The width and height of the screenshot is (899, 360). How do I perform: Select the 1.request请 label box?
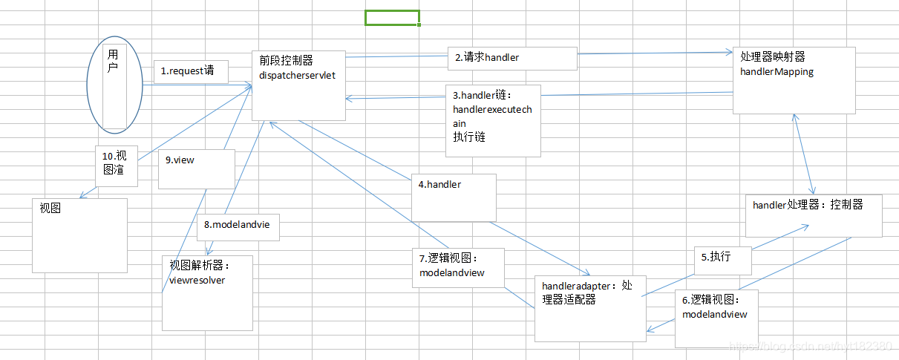coord(191,72)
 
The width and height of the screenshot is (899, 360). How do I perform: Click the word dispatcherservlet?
coord(297,75)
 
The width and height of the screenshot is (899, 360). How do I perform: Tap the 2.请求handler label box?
coord(512,58)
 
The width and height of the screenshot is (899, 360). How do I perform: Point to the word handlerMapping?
coord(777,72)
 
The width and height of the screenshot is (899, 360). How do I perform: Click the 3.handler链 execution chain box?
coord(493,120)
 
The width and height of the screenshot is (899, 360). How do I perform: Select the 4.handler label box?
coord(454,197)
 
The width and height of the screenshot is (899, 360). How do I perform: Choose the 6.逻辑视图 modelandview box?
coord(716,318)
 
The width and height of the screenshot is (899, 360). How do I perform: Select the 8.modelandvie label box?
coord(238,226)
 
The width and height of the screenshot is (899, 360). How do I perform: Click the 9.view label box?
coord(197,168)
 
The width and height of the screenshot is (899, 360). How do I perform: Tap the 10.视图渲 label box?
coord(117,165)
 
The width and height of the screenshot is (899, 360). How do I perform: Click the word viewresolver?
coord(197,281)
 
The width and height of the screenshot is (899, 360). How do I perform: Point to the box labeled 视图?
coord(79,235)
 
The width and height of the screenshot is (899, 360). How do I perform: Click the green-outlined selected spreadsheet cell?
coord(392,18)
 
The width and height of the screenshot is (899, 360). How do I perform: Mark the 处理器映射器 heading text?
coord(773,56)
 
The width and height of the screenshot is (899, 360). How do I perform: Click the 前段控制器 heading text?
coord(287,60)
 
